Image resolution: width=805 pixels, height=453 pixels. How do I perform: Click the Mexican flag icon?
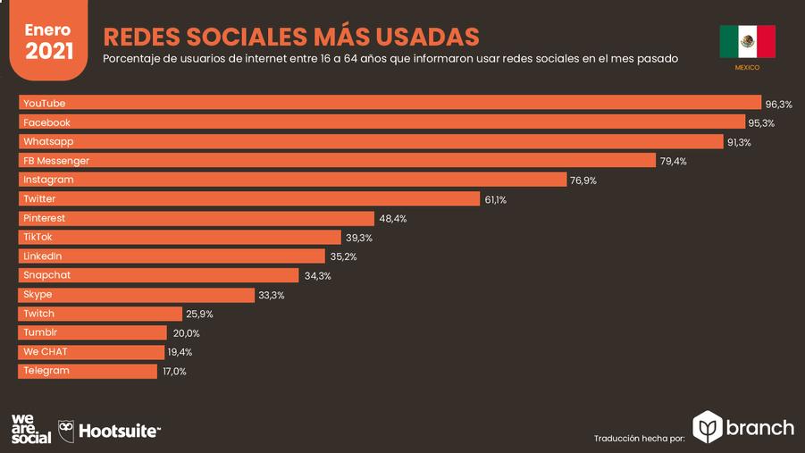point(747,41)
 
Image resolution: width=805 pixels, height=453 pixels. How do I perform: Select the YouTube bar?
point(390,103)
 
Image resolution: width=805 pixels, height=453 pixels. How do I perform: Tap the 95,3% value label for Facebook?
point(761,123)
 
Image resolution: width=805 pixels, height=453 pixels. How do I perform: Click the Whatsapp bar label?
point(48,141)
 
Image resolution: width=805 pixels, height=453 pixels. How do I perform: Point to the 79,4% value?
point(673,162)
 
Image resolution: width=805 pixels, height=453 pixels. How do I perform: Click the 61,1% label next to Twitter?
point(495,200)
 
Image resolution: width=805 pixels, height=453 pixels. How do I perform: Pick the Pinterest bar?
point(197,218)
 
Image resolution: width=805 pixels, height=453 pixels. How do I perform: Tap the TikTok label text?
point(38,237)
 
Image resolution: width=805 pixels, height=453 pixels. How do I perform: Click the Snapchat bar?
point(159,275)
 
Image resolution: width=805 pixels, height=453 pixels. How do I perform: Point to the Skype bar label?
point(38,294)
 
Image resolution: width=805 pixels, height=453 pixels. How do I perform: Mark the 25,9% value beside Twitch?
point(199,315)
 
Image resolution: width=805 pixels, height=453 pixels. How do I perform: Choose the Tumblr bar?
point(93,332)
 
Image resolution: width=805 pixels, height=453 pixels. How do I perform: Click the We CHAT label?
point(45,351)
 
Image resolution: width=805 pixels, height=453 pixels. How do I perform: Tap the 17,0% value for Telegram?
point(174,372)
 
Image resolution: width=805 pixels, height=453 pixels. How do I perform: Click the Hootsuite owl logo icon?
point(66,430)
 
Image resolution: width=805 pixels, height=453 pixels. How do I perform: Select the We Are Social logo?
point(30,429)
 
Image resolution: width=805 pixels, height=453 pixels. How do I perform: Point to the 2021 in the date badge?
point(49,50)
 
